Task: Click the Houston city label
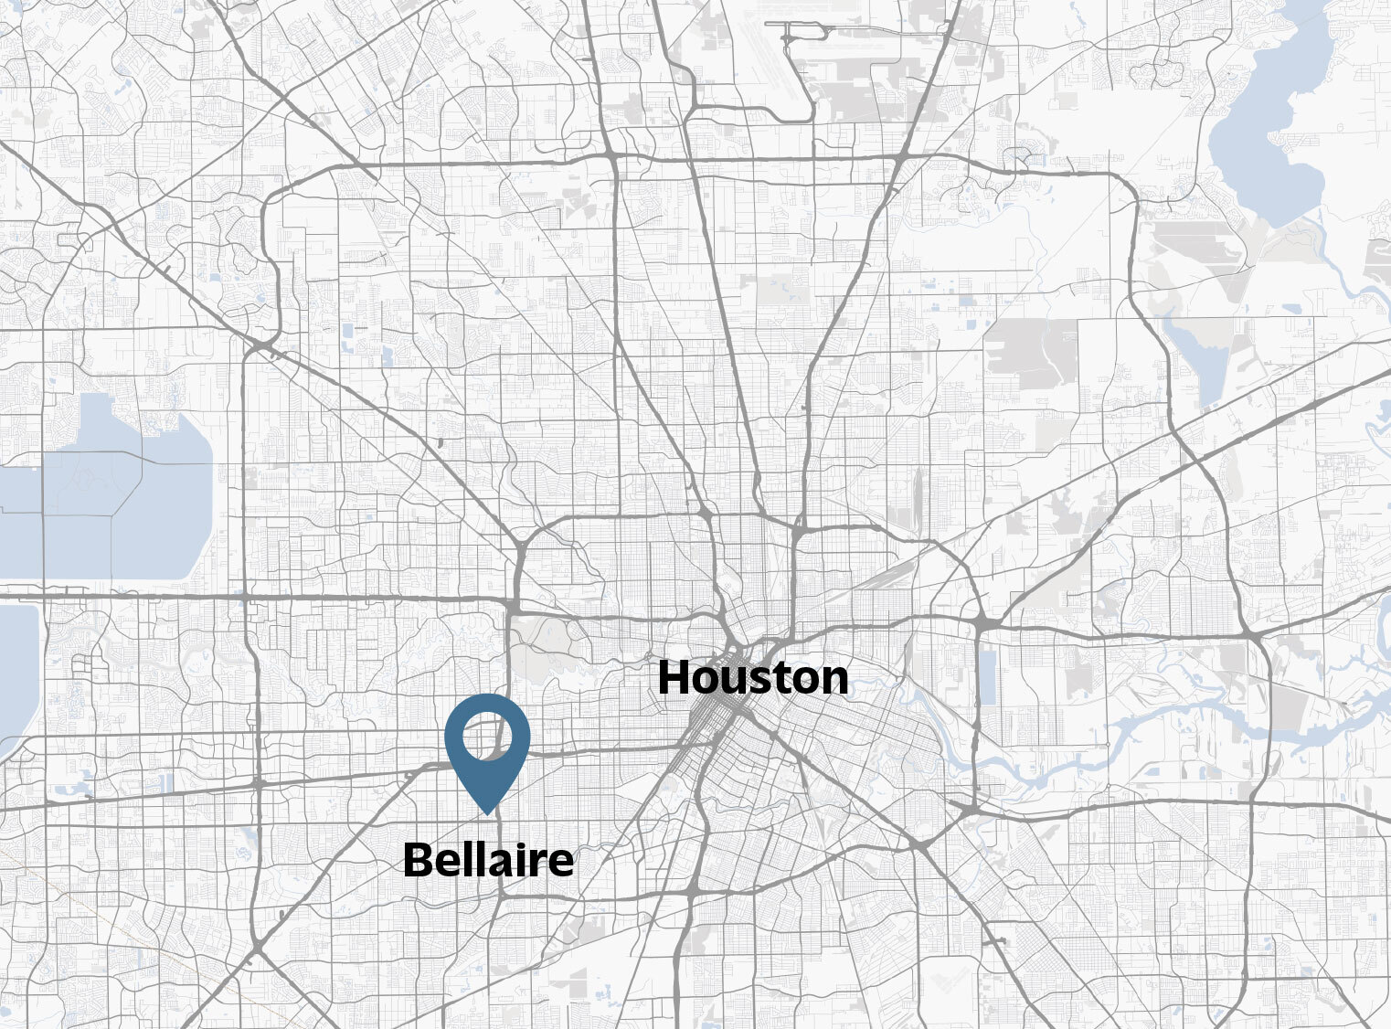(752, 678)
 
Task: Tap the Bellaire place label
(488, 860)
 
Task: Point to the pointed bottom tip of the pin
(488, 812)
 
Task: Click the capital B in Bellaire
(417, 860)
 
